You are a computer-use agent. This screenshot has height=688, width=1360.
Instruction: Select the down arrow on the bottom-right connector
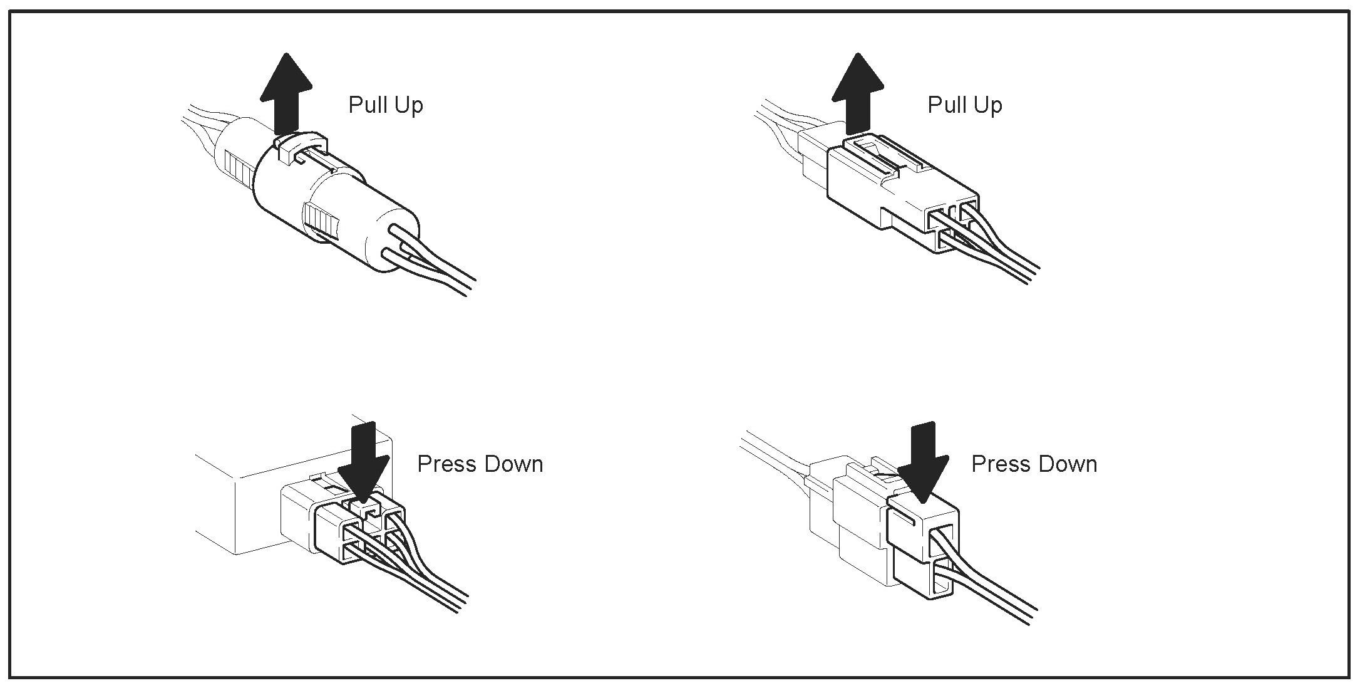coord(922,464)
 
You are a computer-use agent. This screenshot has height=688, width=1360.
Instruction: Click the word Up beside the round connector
coord(409,105)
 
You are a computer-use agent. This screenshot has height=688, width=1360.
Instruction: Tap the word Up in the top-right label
coord(988,105)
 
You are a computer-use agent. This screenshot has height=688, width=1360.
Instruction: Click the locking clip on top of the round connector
coord(299,147)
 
